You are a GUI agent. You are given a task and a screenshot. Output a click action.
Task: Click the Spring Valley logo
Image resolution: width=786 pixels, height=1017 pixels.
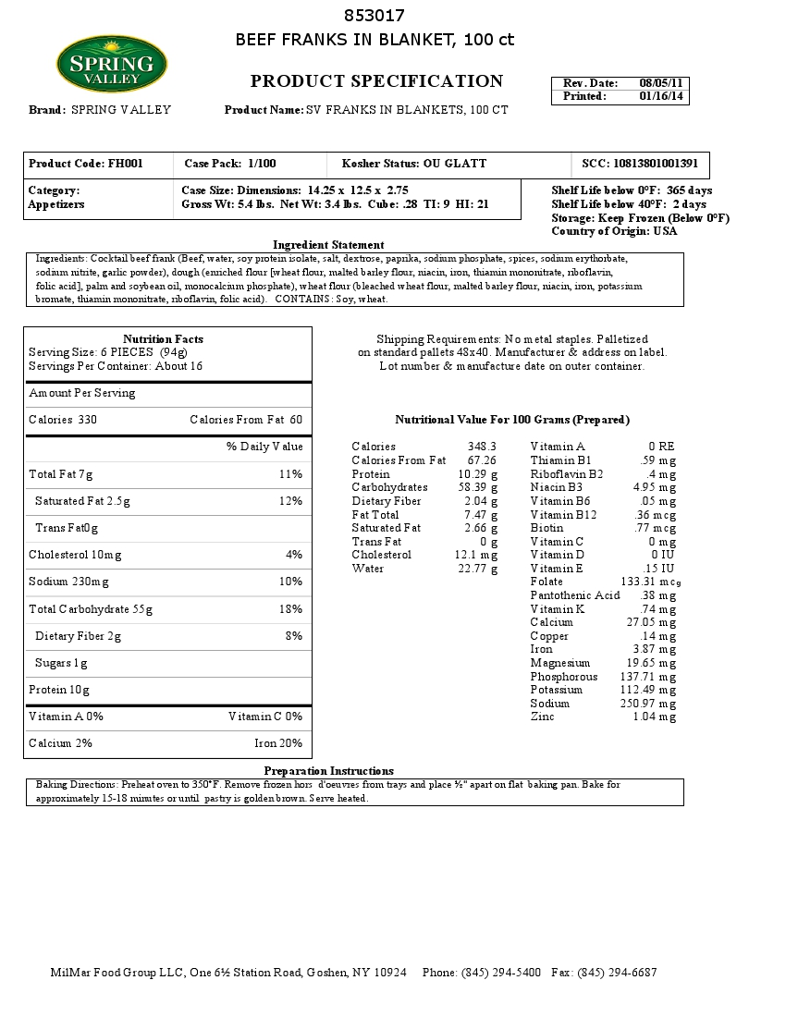[112, 64]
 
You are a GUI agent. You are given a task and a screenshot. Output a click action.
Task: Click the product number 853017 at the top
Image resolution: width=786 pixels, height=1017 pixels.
[375, 16]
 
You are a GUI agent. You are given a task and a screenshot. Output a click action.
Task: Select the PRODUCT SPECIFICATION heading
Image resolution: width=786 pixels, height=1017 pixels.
[376, 81]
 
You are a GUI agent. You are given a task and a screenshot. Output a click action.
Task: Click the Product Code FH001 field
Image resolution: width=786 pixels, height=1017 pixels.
[86, 164]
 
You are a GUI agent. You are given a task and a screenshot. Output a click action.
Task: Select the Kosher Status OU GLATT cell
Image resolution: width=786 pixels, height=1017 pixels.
[414, 164]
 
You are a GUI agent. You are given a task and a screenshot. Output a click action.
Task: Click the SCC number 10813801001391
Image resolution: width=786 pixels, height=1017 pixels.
[640, 164]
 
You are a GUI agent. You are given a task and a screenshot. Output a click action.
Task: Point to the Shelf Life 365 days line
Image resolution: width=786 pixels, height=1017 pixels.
[632, 190]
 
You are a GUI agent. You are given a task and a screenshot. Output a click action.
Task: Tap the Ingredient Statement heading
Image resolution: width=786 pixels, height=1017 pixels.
[328, 245]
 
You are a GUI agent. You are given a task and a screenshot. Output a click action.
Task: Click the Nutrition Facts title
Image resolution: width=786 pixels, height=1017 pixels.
[163, 339]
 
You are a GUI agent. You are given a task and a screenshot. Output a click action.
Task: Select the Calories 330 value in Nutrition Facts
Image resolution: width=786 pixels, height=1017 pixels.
[63, 420]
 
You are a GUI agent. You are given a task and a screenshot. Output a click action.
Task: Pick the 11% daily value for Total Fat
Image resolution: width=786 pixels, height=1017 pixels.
[290, 474]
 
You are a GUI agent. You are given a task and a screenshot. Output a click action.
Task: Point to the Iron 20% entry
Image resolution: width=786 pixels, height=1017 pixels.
[278, 743]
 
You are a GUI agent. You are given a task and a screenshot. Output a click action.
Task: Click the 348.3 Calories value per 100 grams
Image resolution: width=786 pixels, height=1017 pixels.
[482, 447]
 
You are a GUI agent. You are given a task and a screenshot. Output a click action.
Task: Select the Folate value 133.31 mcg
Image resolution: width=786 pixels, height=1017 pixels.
[651, 582]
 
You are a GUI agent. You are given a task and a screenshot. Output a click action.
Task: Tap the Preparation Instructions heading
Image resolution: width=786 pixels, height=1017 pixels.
[328, 771]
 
